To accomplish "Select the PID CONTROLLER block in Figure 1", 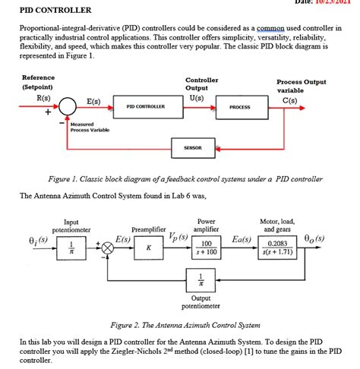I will tap(146, 107).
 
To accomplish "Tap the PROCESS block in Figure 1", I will tap(239, 107).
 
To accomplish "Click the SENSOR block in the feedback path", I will tap(192, 147).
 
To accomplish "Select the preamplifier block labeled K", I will tap(149, 247).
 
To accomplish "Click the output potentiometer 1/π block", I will tap(201, 278).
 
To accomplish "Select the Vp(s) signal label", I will tap(180, 237).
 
